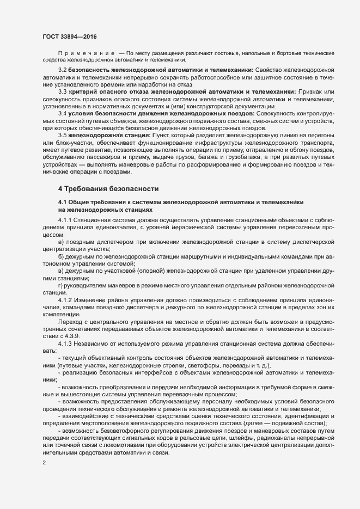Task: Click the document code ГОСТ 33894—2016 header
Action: click(x=70, y=36)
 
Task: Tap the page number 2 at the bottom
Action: click(x=44, y=463)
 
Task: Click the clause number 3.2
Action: click(x=62, y=71)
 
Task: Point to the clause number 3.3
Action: click(x=62, y=92)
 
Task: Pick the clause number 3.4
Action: click(x=62, y=113)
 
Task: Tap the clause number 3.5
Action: click(x=62, y=134)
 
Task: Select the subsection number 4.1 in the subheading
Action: click(x=63, y=202)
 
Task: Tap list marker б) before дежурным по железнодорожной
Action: click(x=61, y=256)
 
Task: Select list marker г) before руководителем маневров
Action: click(x=60, y=285)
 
